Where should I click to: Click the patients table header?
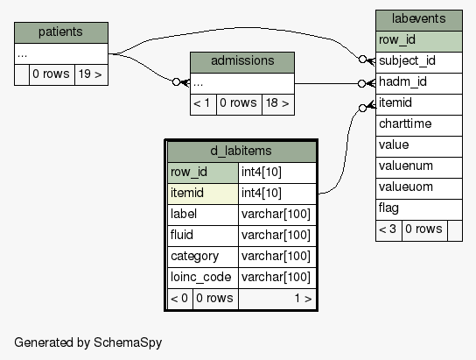coord(61,32)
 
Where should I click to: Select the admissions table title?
coord(242,60)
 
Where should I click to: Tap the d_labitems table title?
coord(241,151)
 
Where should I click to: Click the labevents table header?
coord(419,20)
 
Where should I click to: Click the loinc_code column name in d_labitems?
coord(201,277)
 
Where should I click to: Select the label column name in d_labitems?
coord(184,214)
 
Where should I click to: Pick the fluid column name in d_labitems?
coord(182,235)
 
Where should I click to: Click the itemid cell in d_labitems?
coord(203,194)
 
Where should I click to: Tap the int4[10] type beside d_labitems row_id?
coord(262,172)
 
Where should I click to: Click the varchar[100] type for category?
coord(276,256)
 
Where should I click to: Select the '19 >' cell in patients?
coord(91,74)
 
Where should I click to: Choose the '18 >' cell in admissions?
coord(278,104)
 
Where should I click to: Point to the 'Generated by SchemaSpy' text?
coord(88,342)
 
